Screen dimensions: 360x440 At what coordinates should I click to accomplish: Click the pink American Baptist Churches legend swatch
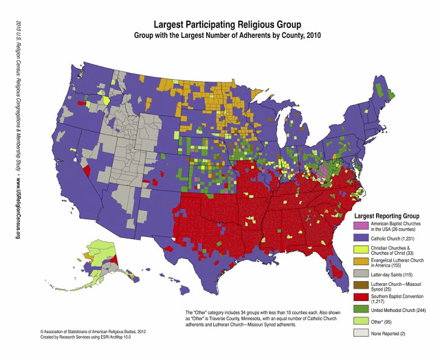(359, 225)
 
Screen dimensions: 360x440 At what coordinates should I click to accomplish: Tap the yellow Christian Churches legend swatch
(359, 250)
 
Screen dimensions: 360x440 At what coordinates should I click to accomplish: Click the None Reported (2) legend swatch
(359, 334)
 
